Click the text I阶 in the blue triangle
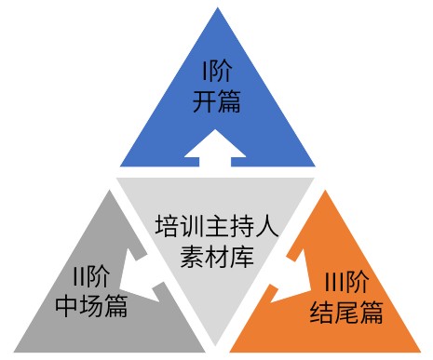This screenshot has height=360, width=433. [x=217, y=71]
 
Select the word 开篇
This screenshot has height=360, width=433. [x=217, y=100]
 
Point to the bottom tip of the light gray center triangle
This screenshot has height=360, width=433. [x=216, y=346]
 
